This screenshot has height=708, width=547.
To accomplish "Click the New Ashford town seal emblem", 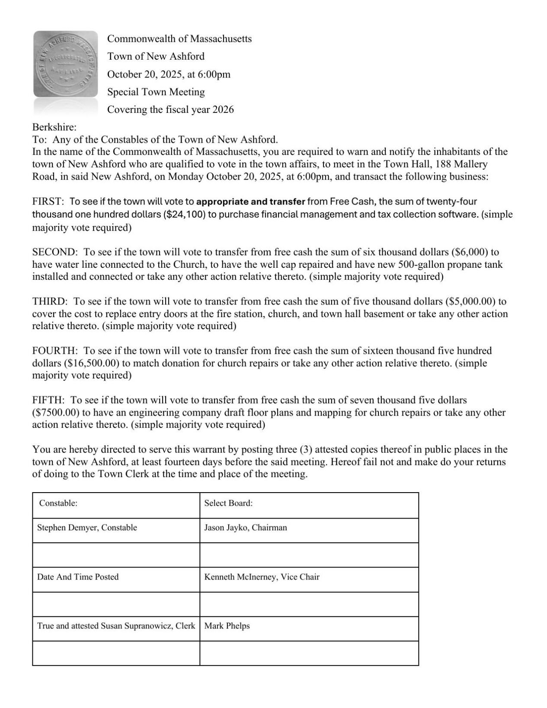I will [x=66, y=64].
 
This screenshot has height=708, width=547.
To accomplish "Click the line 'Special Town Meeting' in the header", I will [x=156, y=92].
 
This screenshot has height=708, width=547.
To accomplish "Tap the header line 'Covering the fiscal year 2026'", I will [x=170, y=109].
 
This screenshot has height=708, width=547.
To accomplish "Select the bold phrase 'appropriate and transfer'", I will [x=250, y=202].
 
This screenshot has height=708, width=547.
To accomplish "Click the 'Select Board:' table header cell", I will [x=228, y=503].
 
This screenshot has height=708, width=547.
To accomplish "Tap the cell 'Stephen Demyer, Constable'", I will [x=87, y=528].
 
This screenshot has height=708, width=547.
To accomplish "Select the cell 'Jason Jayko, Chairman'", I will [x=245, y=528].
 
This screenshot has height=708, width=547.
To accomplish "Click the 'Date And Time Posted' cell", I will [x=78, y=577].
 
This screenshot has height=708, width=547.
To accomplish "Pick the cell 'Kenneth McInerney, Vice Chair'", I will [x=262, y=577].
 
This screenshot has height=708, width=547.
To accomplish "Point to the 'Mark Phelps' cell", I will [x=227, y=626].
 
